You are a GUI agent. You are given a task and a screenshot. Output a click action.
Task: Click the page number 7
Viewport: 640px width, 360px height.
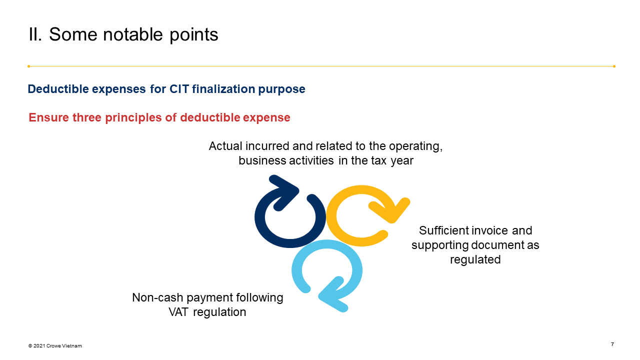[612, 344]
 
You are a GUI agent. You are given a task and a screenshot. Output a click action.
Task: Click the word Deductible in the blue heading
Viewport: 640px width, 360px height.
[56, 89]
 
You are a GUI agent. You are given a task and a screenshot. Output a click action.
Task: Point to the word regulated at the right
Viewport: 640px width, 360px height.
[475, 259]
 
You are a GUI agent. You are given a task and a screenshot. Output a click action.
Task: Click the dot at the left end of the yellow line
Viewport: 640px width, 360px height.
[29, 66]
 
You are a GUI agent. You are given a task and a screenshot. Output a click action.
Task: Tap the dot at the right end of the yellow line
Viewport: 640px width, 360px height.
[614, 66]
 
